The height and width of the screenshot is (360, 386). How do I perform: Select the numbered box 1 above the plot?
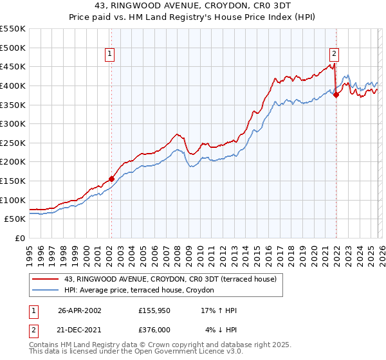click(111, 55)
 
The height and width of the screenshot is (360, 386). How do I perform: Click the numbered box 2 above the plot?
click(335, 55)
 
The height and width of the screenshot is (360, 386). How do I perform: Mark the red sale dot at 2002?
click(111, 179)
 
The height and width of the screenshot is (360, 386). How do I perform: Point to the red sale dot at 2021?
click(336, 94)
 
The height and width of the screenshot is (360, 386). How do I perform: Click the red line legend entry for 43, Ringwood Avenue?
click(170, 279)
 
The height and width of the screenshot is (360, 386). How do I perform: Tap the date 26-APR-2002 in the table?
click(80, 310)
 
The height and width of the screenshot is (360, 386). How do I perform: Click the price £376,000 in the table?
click(156, 330)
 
